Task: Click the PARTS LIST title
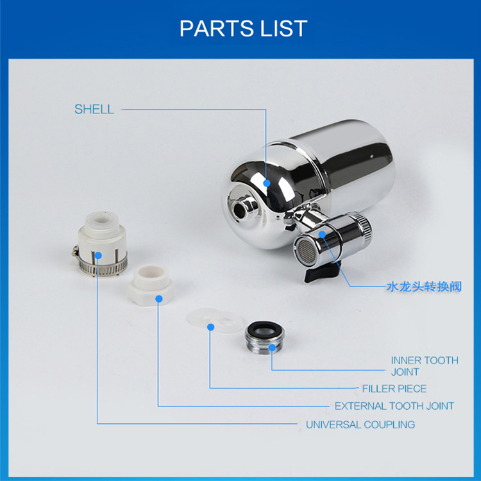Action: pos(243,28)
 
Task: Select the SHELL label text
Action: pos(94,109)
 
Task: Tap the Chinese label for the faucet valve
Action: pos(423,286)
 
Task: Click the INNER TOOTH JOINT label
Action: pos(425,366)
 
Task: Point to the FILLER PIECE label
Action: pos(394,388)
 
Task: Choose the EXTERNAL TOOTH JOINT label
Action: pos(394,405)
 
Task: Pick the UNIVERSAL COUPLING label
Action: pos(360,424)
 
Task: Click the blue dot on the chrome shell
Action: pos(266,182)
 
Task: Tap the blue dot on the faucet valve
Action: pos(323,235)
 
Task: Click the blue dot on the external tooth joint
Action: pos(159,298)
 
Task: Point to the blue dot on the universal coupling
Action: pos(97,256)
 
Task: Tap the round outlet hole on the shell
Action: pos(243,207)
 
